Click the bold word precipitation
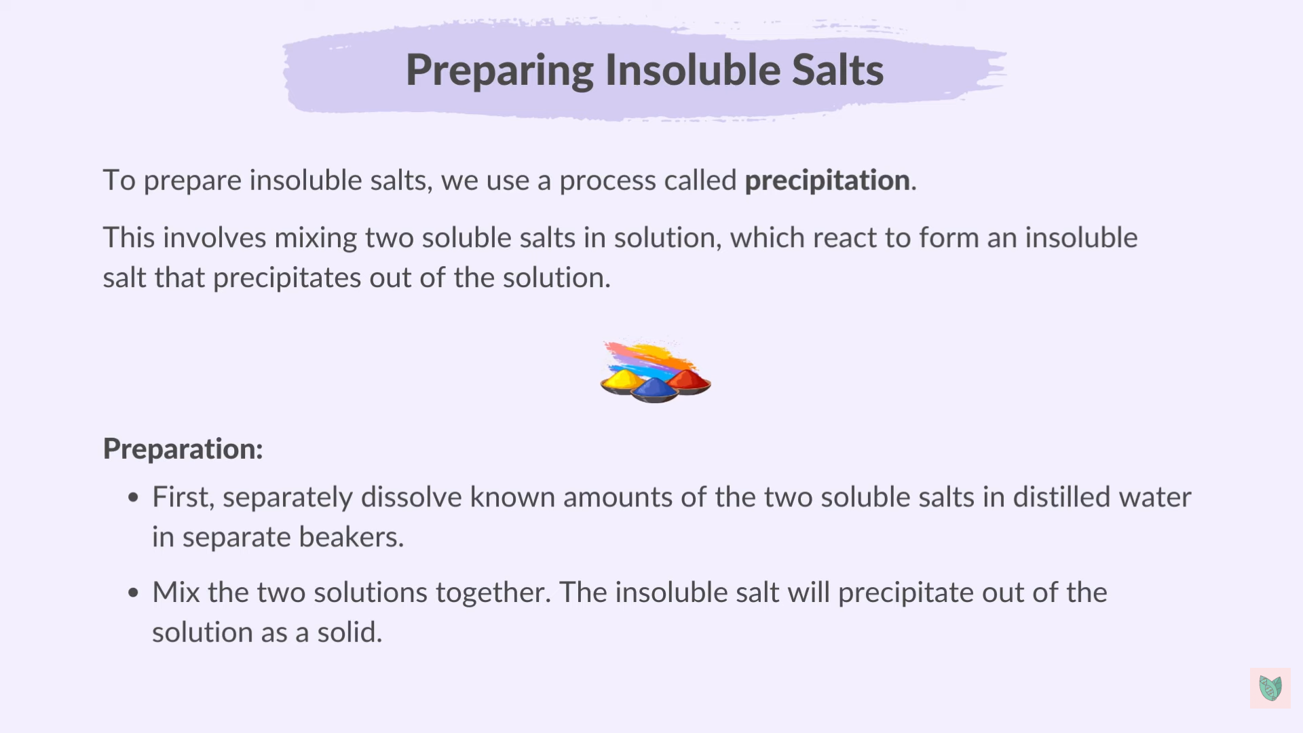point(827,181)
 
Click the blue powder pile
point(654,389)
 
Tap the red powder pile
point(689,379)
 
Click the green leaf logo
point(1270,688)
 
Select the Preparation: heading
point(183,449)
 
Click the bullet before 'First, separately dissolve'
point(133,498)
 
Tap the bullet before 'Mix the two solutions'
point(133,593)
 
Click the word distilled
point(1061,497)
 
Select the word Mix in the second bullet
point(176,593)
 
